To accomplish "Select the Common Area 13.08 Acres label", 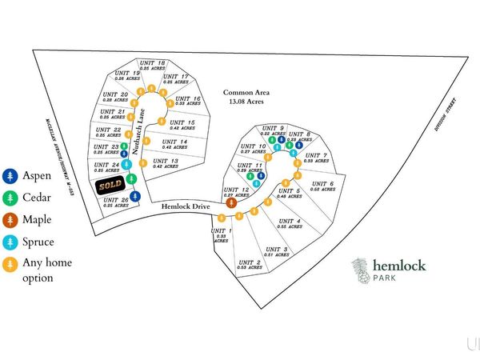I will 244,96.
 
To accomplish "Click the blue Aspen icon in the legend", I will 10,174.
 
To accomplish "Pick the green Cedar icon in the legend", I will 10,197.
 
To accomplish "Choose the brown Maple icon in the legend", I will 10,219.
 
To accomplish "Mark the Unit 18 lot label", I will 151,65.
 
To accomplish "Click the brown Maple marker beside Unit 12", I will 230,203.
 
